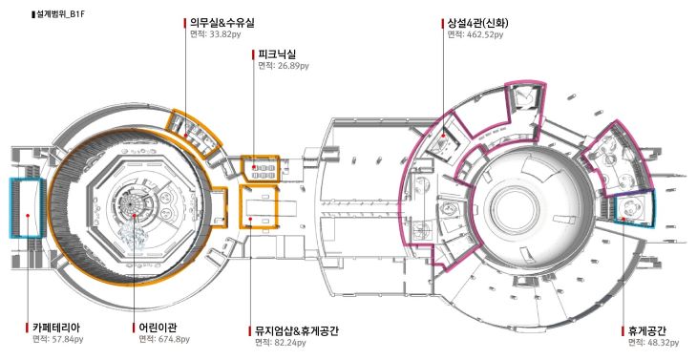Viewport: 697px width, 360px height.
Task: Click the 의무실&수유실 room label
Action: coord(222,23)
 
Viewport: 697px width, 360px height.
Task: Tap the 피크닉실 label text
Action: coord(277,54)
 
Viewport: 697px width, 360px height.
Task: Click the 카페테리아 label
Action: coord(56,328)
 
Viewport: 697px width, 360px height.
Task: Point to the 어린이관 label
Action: coord(158,328)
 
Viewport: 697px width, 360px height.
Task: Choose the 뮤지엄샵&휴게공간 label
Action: coord(297,331)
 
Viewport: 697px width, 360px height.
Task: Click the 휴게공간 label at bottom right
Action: coord(646,331)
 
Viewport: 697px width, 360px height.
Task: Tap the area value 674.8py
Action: coord(174,340)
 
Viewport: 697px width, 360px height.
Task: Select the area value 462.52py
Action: coord(485,34)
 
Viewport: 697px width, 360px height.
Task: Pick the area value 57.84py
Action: coord(68,340)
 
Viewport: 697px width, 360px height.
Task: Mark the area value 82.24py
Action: coord(290,343)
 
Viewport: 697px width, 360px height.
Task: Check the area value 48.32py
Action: coord(664,343)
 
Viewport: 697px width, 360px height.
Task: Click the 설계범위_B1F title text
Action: coord(59,14)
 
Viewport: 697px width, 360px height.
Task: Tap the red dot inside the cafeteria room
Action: coord(28,216)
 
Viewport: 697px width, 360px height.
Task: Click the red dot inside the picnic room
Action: coord(253,167)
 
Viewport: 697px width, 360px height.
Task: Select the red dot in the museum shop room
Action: coord(251,219)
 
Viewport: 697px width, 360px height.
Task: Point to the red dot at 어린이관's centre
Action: coord(135,216)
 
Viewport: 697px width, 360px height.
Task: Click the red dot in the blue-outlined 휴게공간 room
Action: coord(623,219)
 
